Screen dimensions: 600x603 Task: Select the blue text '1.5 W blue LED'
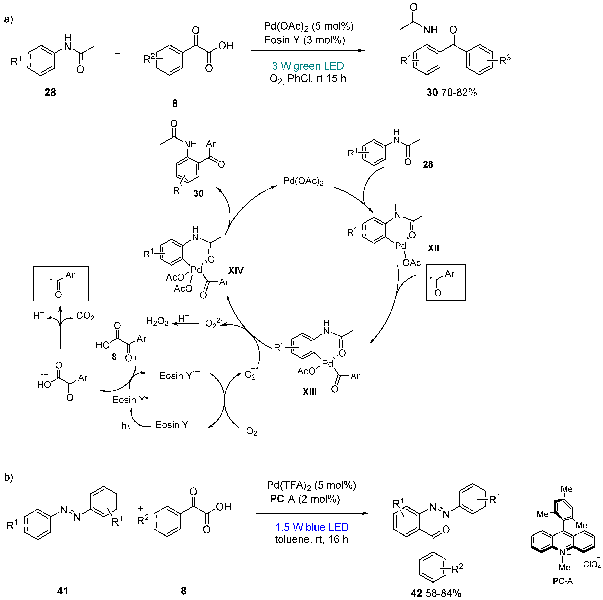[312, 527]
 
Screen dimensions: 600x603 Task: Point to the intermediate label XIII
[310, 392]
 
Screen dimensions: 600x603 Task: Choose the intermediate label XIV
[236, 271]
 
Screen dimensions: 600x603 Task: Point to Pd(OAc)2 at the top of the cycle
[303, 181]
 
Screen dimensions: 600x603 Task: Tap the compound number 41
[62, 591]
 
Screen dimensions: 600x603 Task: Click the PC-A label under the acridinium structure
[563, 581]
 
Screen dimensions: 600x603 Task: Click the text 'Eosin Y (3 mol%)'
[304, 40]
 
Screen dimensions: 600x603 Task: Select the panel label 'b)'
[8, 477]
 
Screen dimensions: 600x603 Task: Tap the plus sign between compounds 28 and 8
[118, 54]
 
